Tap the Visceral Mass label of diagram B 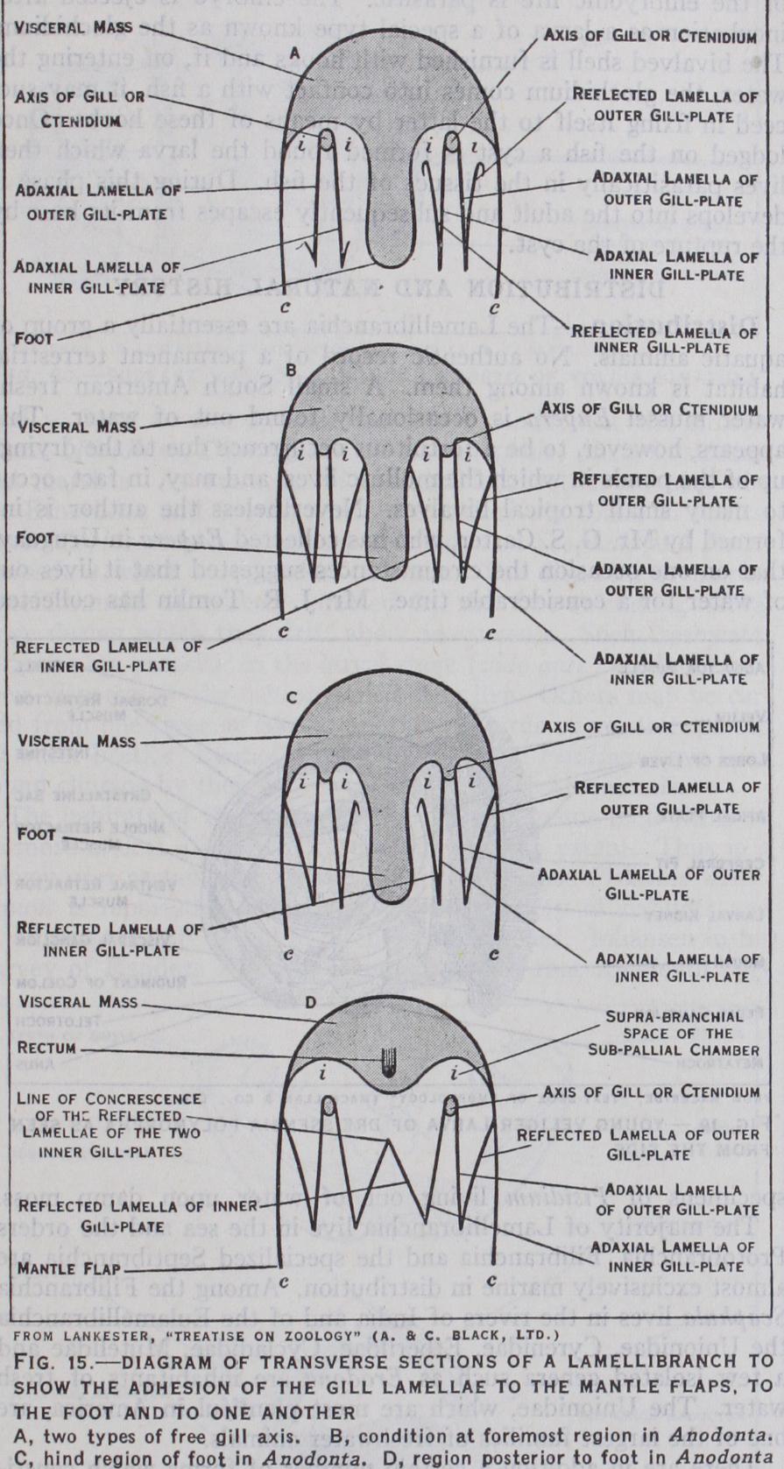point(78,427)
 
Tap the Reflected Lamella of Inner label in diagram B point(107,655)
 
